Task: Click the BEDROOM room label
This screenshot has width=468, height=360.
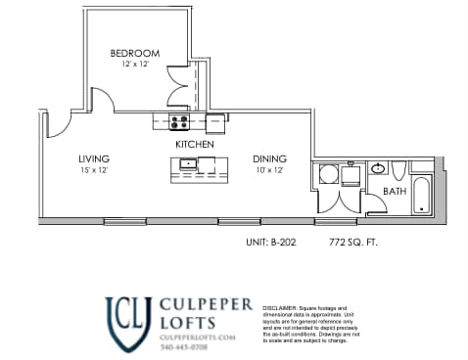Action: (134, 53)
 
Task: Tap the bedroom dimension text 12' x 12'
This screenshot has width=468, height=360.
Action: (134, 65)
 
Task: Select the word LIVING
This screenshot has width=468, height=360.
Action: (94, 158)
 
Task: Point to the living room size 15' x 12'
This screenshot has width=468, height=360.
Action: (94, 170)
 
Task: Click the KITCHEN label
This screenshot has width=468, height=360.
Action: (195, 145)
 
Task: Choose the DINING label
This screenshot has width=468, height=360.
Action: (269, 158)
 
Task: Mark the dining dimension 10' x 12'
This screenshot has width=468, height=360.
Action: (269, 170)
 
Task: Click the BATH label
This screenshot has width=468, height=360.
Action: (395, 192)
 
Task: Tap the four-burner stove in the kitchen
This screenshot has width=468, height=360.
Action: (179, 122)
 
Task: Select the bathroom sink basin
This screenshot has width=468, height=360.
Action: (379, 168)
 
